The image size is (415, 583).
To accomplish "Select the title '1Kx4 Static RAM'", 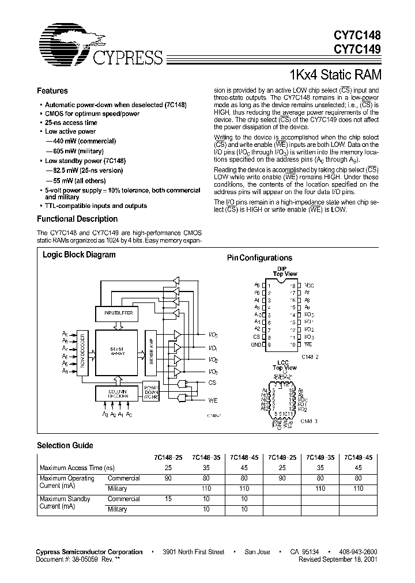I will tap(333, 75).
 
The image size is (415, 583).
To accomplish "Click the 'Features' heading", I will tap(52, 91).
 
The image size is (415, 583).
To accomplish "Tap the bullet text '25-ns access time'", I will tap(71, 123).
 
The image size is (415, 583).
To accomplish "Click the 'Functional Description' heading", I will tap(77, 219).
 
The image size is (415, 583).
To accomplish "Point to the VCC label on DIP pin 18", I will tap(309, 285).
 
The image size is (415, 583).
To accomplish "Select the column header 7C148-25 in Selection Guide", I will tap(167, 457).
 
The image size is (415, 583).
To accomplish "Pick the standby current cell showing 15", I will tap(168, 499).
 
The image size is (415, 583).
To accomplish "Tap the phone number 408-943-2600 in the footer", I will tap(360, 552).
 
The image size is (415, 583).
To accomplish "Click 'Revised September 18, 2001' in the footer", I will tap(339, 559).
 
